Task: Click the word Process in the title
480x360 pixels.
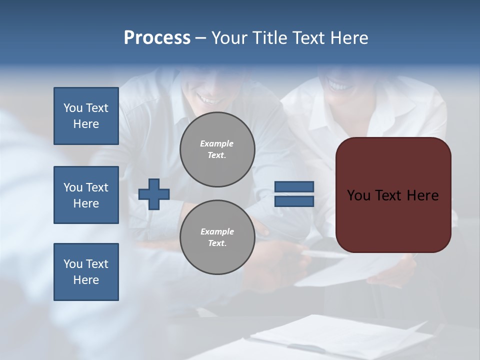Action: click(x=157, y=38)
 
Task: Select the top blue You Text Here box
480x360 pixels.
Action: click(x=86, y=116)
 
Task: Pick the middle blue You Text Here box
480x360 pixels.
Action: click(x=86, y=195)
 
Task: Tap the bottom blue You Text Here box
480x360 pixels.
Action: click(x=86, y=272)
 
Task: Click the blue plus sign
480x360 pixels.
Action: click(x=154, y=194)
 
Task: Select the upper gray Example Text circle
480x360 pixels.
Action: click(x=217, y=149)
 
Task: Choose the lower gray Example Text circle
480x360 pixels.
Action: click(x=217, y=237)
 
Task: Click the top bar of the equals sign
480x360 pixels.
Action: click(x=294, y=187)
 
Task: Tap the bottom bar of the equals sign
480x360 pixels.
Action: click(x=294, y=201)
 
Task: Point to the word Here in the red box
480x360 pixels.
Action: click(x=422, y=195)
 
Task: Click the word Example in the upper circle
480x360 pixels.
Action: click(x=216, y=143)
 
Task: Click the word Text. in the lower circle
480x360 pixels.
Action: click(x=217, y=243)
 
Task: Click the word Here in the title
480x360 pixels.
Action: click(x=349, y=38)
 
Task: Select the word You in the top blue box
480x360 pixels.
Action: click(x=72, y=108)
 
